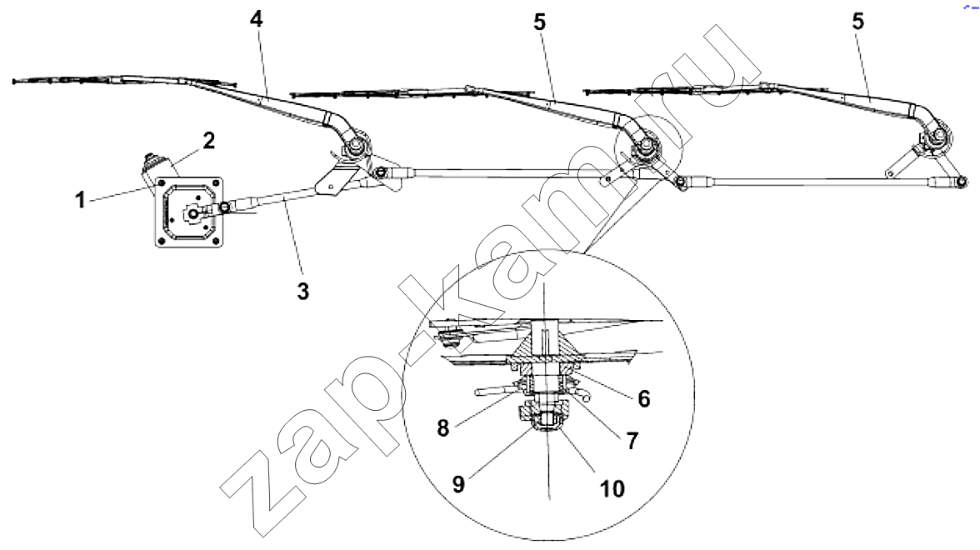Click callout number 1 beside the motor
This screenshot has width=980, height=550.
pyautogui.click(x=80, y=201)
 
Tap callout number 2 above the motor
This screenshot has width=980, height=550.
pyautogui.click(x=208, y=141)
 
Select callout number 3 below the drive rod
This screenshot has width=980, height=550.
pyautogui.click(x=303, y=292)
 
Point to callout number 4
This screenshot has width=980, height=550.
pyautogui.click(x=257, y=19)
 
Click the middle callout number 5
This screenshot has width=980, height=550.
pyautogui.click(x=539, y=22)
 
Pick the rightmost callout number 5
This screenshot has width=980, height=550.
pyautogui.click(x=858, y=22)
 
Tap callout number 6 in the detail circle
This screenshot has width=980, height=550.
pyautogui.click(x=643, y=398)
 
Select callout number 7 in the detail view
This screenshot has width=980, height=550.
pyautogui.click(x=632, y=441)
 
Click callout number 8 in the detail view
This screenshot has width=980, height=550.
pyautogui.click(x=443, y=428)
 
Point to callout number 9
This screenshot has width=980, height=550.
pyautogui.click(x=458, y=484)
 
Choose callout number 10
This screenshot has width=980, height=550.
pyautogui.click(x=612, y=488)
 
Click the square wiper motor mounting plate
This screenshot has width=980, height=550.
pyautogui.click(x=189, y=213)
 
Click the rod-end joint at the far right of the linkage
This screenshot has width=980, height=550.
pyautogui.click(x=958, y=182)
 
